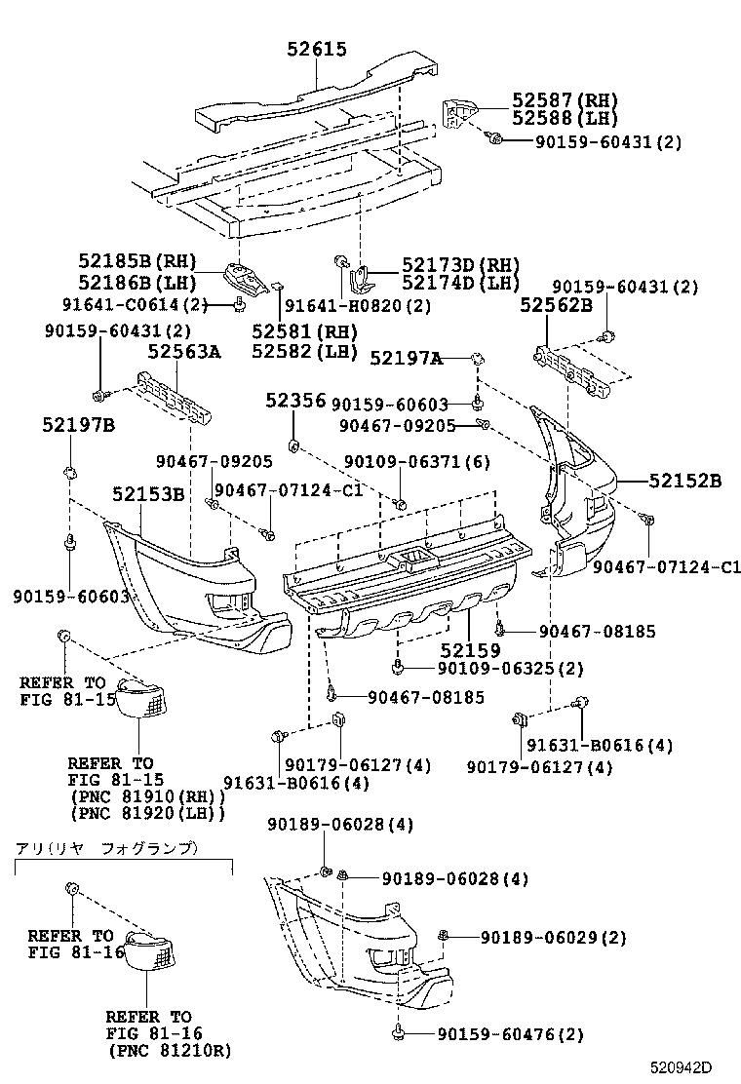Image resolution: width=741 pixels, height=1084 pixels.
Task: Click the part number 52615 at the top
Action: tap(317, 50)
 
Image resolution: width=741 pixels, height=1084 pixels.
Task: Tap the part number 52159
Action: tap(470, 649)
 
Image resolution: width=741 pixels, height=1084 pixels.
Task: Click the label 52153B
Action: tap(147, 494)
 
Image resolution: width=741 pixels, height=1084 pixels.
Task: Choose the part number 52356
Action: tap(295, 401)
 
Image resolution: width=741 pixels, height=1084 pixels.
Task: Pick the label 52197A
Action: tap(406, 360)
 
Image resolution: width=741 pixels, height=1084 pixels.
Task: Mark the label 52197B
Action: tap(78, 425)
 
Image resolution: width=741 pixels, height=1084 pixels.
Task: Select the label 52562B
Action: tap(556, 305)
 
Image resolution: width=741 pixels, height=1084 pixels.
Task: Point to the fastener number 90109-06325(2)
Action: tap(497, 668)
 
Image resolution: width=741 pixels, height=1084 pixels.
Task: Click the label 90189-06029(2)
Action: tap(553, 937)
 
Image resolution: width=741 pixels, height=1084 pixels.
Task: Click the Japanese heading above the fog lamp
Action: tap(106, 848)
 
